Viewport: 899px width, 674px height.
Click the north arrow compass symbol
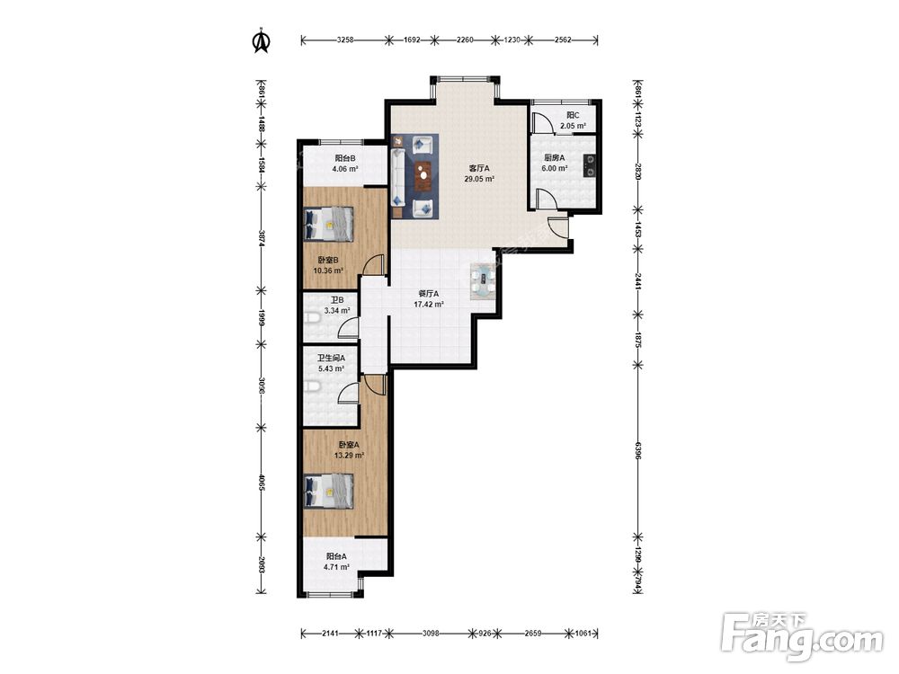(x=262, y=40)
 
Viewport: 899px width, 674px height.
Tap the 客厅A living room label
(x=479, y=168)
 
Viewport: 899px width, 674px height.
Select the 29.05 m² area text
(x=479, y=179)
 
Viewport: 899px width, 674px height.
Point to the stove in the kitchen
(x=590, y=165)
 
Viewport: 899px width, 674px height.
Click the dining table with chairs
(x=483, y=280)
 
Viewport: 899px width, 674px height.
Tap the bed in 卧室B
(x=328, y=224)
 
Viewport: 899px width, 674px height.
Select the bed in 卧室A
(x=328, y=491)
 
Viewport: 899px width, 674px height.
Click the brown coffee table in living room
(x=423, y=176)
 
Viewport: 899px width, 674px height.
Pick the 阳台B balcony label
(x=345, y=159)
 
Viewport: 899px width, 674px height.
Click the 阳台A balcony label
(x=336, y=556)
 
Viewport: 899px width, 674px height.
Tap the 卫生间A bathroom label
(x=332, y=358)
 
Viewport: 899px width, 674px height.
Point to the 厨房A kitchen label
(x=555, y=157)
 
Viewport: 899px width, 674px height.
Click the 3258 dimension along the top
(x=345, y=40)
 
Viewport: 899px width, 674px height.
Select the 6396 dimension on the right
(x=637, y=450)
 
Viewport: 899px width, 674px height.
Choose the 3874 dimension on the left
(x=262, y=238)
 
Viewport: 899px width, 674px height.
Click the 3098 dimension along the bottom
(x=431, y=634)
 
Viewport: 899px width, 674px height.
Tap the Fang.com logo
(x=802, y=636)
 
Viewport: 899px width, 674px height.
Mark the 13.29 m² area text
(x=349, y=456)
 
